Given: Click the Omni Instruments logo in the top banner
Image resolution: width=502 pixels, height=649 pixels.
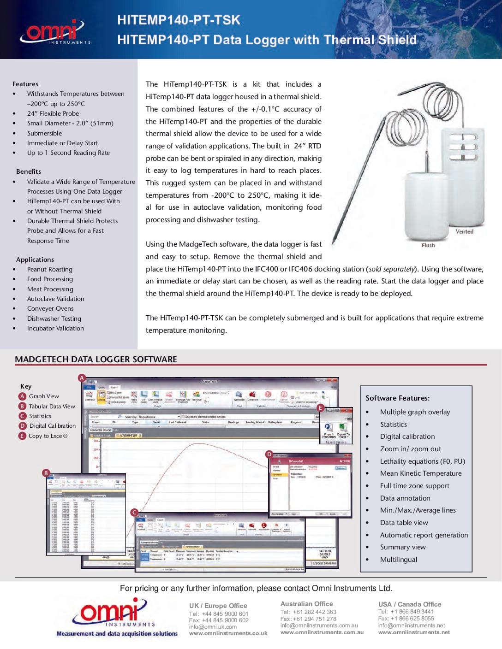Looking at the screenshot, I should (x=54, y=32).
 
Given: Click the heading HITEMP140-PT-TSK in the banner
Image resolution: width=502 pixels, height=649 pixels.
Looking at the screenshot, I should (x=179, y=20).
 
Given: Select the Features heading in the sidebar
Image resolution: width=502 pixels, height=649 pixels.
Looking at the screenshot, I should (x=25, y=84).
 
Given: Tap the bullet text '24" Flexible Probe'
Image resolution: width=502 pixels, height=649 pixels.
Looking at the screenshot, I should (x=53, y=113).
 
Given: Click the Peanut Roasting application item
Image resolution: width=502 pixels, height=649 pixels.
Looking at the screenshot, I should (x=49, y=269).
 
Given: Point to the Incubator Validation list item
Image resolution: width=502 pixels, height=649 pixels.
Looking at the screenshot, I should (x=55, y=328).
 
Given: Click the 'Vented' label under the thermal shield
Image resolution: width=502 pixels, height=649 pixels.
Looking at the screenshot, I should (x=464, y=231).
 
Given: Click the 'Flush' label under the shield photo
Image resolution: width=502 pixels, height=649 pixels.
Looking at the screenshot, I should (x=428, y=245).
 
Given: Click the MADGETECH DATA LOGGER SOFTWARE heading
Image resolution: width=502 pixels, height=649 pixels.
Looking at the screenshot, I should (x=96, y=359).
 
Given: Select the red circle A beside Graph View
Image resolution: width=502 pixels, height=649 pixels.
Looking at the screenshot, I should (x=22, y=396).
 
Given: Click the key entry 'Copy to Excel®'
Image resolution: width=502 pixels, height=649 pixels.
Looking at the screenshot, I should (x=48, y=436).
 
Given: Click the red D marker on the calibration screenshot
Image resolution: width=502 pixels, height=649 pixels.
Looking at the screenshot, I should (x=269, y=454).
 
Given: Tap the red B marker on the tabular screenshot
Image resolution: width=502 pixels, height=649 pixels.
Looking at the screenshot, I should (x=46, y=473).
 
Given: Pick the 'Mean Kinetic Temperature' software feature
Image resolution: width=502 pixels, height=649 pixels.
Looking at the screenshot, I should (x=420, y=473).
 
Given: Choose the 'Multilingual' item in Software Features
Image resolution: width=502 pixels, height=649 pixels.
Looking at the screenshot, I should (x=398, y=559).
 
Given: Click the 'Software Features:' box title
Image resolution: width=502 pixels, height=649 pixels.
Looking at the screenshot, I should (x=397, y=398).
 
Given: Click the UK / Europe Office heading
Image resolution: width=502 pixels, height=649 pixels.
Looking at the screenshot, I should (x=218, y=606).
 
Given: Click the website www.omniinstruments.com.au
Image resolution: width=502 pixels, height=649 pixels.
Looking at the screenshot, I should (x=322, y=632).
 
